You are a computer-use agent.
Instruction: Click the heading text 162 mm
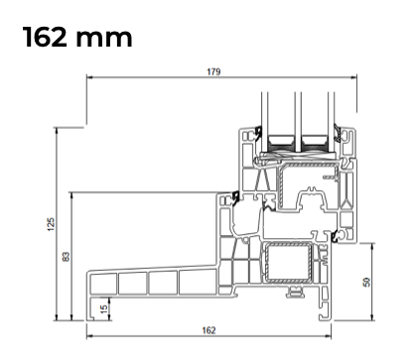[x=77, y=37]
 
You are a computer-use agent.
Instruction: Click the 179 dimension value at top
[x=213, y=71]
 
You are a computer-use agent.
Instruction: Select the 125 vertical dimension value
[x=51, y=224]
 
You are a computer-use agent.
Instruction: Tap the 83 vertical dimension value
[x=67, y=257]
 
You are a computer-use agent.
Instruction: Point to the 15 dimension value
[x=104, y=309]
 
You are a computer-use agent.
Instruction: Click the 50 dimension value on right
[x=366, y=282]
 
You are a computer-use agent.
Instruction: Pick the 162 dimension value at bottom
[x=208, y=330]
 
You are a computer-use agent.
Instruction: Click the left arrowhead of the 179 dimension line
[x=89, y=77]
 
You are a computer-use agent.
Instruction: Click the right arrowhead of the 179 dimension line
[x=354, y=77]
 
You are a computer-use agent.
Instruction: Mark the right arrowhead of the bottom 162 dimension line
[x=329, y=336]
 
